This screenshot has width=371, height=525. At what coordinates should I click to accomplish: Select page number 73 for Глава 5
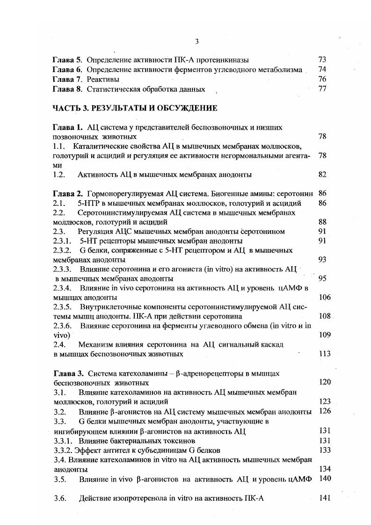(x=322, y=60)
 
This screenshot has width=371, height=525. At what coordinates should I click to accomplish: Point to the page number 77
(x=322, y=89)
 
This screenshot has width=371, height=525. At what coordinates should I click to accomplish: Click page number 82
(x=322, y=175)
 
